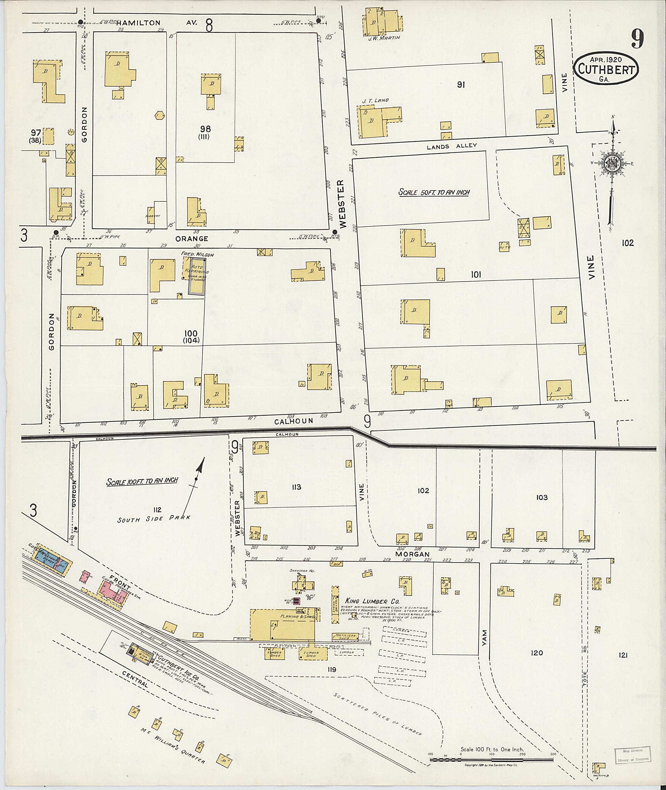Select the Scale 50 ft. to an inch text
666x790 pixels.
434,192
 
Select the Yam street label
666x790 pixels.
485,638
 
